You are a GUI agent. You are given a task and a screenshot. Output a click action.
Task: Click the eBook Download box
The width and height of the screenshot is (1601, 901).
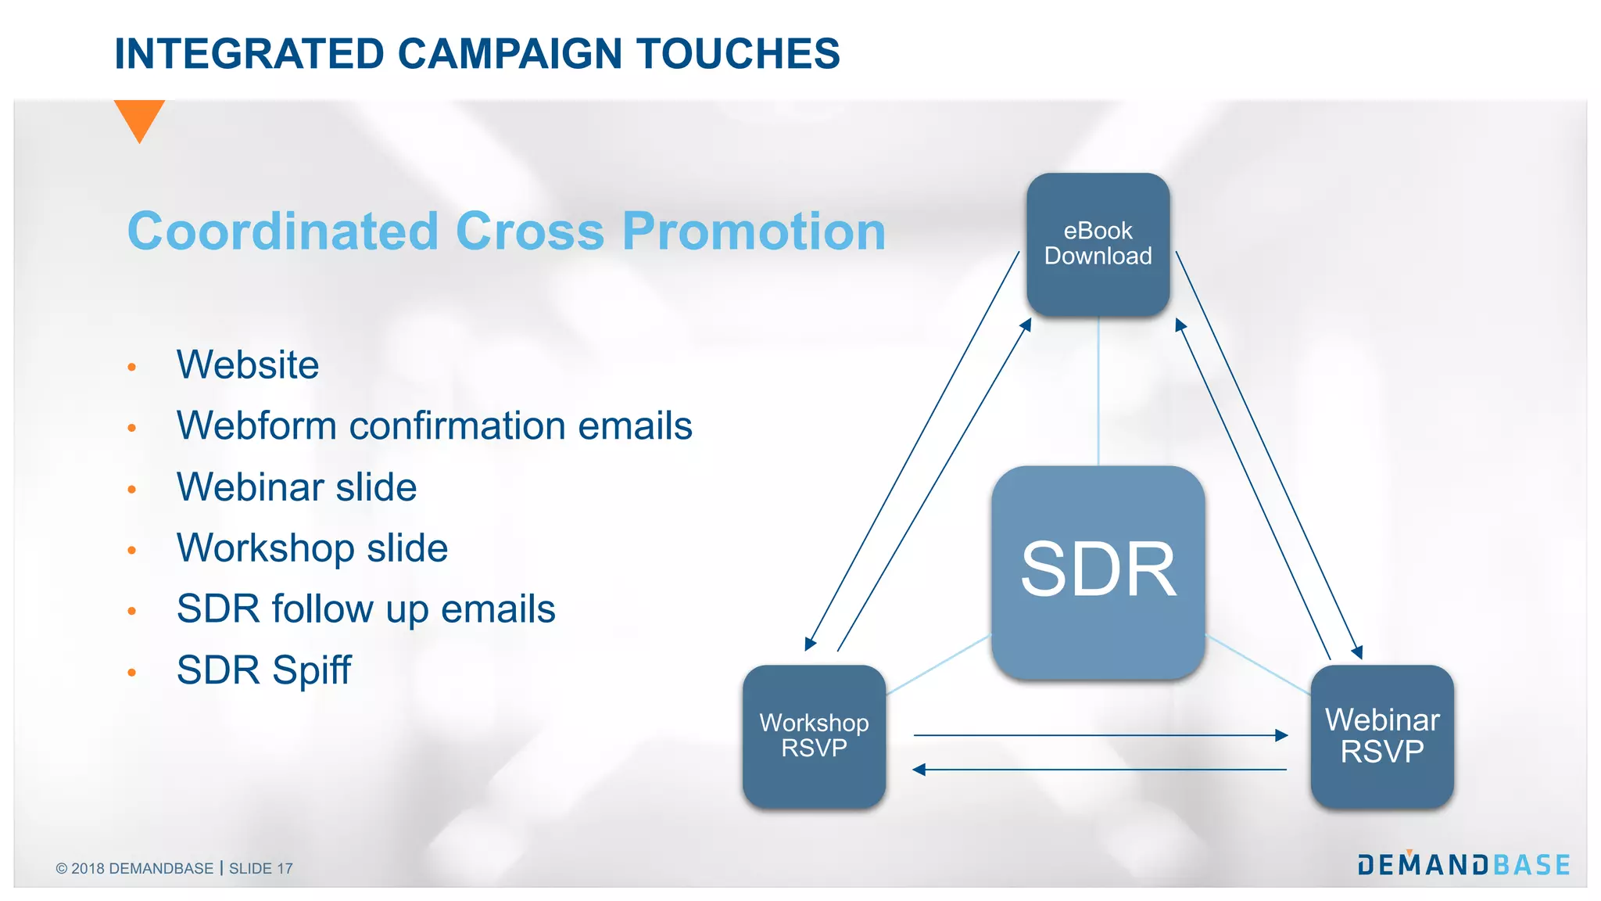click(x=1098, y=244)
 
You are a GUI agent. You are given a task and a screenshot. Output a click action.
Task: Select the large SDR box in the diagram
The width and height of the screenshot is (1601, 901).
click(x=1098, y=572)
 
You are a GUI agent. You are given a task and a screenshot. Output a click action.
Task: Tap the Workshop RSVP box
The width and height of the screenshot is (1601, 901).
click(x=814, y=736)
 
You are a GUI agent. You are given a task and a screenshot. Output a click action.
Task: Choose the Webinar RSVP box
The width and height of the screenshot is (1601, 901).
click(x=1382, y=736)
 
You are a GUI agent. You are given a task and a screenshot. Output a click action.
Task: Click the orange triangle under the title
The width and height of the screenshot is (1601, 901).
click(x=139, y=117)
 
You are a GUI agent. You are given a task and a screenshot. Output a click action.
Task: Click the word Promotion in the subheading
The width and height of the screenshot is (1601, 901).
click(x=754, y=232)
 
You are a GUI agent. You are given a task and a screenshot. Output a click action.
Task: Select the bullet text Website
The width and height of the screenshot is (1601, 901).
click(x=248, y=365)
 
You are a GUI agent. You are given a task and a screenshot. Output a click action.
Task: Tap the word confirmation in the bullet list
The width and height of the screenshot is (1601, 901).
click(x=457, y=426)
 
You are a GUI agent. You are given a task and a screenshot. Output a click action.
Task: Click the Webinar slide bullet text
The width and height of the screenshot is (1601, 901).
click(x=296, y=487)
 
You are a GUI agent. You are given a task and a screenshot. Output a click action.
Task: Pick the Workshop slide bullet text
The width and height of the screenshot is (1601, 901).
click(x=312, y=548)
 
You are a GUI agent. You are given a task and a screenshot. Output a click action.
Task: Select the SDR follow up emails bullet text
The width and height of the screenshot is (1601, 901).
click(x=366, y=609)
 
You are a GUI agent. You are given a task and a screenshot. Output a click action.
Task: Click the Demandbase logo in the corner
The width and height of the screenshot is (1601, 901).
click(x=1463, y=864)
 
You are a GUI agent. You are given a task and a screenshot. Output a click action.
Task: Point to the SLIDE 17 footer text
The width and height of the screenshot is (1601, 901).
click(x=261, y=869)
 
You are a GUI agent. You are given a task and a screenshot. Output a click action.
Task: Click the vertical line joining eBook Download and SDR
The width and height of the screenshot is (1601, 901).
click(x=1098, y=391)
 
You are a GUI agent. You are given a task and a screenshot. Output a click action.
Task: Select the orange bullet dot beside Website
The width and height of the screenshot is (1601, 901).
click(x=132, y=367)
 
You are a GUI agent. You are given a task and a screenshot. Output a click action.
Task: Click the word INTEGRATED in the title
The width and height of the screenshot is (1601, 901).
click(x=249, y=54)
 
